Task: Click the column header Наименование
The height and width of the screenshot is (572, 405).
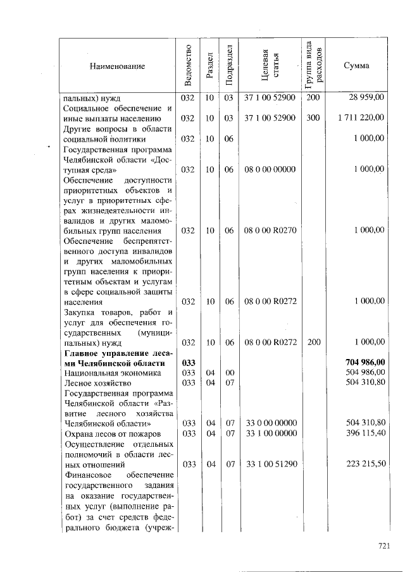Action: click(117, 66)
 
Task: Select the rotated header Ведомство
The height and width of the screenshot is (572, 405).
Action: click(187, 66)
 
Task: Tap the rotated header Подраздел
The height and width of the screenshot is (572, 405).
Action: click(229, 66)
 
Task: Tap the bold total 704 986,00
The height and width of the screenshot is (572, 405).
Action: click(362, 362)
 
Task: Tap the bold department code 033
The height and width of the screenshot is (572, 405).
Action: click(187, 362)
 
